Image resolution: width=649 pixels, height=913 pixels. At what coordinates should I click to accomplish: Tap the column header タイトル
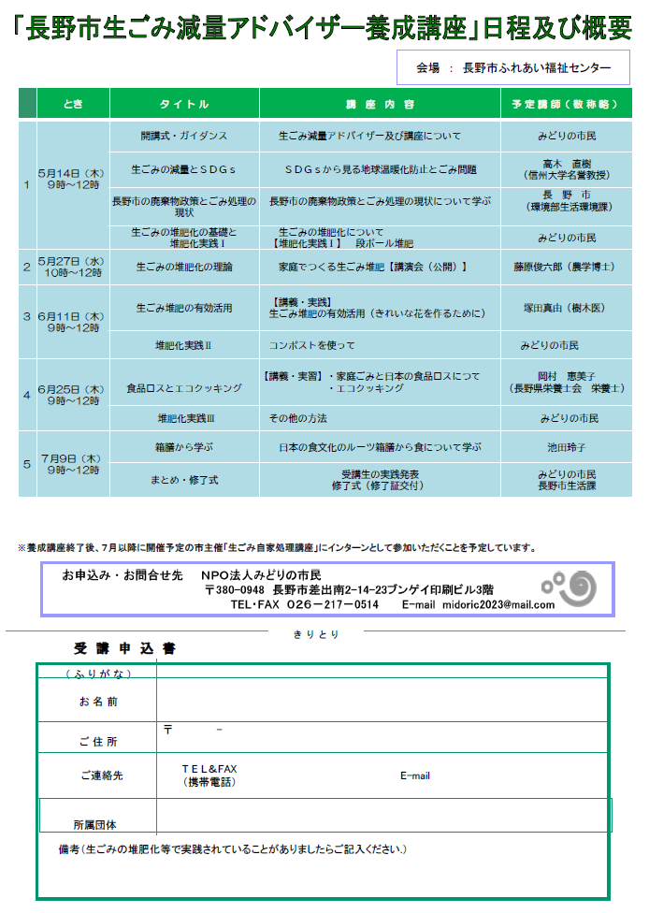pyautogui.click(x=184, y=104)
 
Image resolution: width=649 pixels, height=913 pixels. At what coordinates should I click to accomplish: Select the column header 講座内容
pyautogui.click(x=380, y=104)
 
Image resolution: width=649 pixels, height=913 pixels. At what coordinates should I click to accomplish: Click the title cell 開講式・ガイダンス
pyautogui.click(x=184, y=136)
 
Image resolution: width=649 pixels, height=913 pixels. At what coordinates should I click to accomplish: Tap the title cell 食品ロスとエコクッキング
pyautogui.click(x=184, y=387)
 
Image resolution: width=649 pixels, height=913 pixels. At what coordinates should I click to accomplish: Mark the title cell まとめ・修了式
pyautogui.click(x=184, y=479)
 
